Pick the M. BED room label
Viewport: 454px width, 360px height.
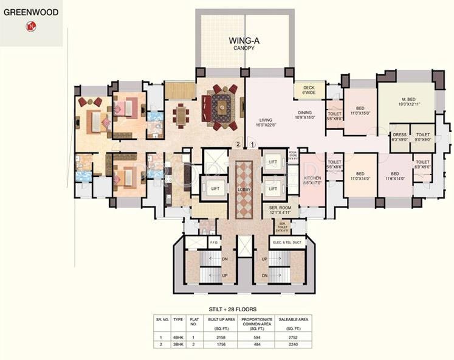[405, 102]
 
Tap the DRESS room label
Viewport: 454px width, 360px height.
[399, 137]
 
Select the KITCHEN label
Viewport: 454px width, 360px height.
[313, 179]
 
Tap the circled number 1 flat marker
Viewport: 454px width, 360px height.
[253, 144]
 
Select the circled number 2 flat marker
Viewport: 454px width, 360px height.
[239, 144]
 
